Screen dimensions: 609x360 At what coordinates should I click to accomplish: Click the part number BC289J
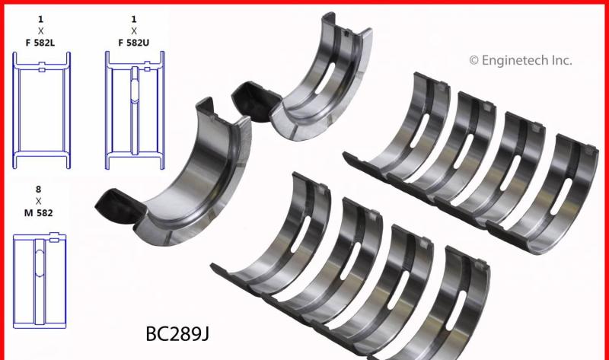177,333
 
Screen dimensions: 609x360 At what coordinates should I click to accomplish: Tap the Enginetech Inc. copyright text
521,61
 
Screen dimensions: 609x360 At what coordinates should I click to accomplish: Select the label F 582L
40,43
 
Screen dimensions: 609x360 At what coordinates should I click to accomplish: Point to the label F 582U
134,43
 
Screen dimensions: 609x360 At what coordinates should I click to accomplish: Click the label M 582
39,213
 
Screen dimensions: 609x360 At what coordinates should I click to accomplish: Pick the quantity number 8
38,189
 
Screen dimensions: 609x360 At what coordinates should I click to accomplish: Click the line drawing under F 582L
42,110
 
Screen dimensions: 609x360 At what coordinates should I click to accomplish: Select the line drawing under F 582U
135,110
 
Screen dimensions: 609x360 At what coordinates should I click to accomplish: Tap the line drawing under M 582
40,280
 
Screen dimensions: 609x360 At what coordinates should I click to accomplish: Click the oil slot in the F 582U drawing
135,90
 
